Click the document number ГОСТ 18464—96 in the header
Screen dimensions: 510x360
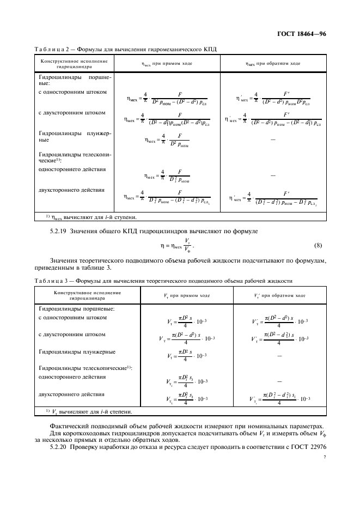point(303,33)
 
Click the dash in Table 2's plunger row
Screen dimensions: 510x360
point(272,140)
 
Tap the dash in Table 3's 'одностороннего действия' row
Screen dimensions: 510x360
point(279,381)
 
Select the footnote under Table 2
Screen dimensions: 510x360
point(93,217)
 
